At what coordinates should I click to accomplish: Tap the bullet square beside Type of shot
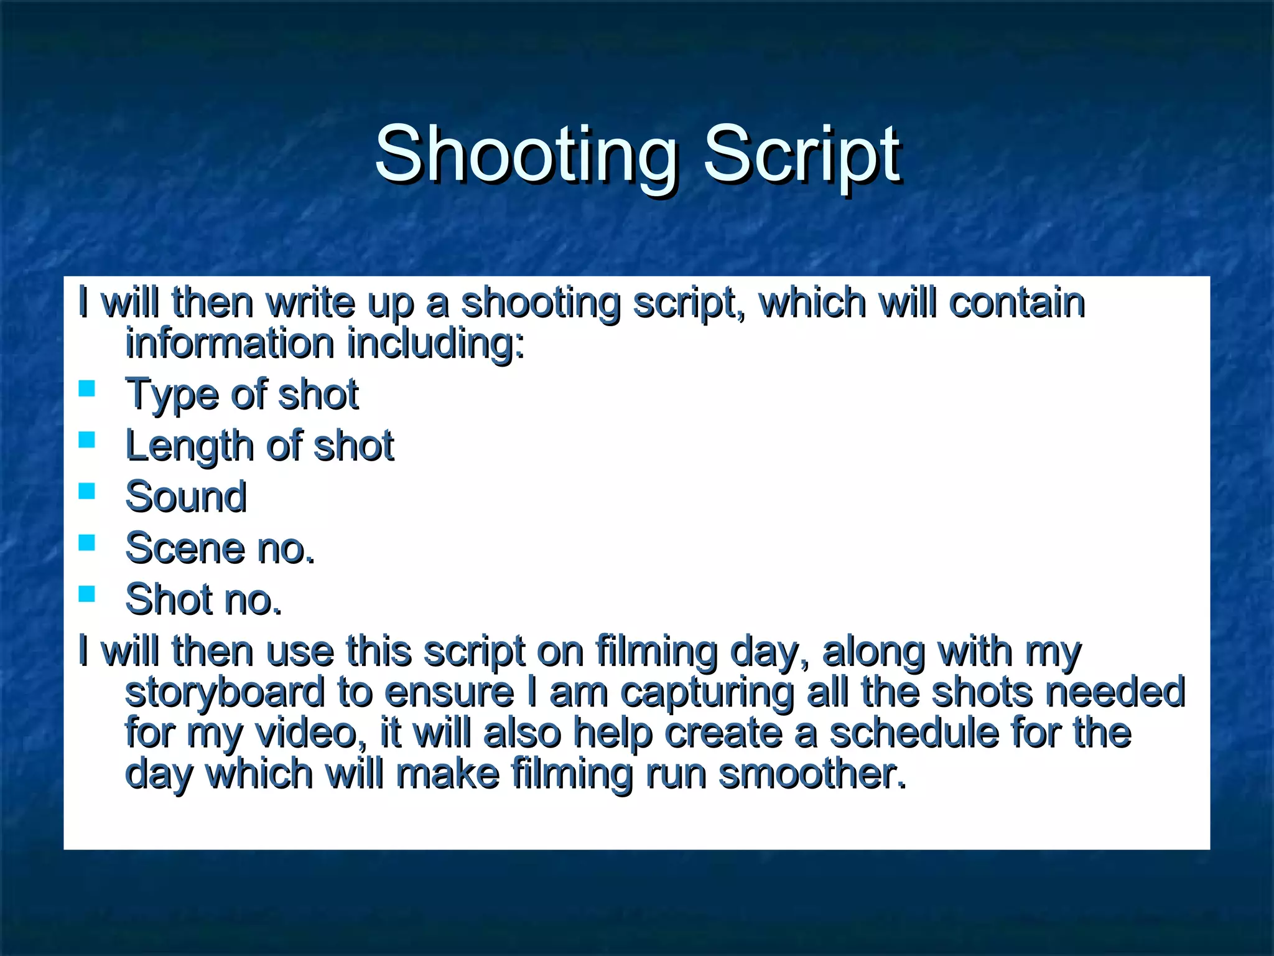click(87, 389)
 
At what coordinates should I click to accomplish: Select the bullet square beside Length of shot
click(87, 441)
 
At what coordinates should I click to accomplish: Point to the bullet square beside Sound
click(87, 492)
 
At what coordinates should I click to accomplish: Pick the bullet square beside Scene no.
click(87, 543)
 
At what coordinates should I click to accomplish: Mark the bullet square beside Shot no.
click(87, 594)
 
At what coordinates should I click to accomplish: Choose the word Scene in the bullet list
click(185, 548)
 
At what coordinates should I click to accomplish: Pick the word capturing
click(707, 692)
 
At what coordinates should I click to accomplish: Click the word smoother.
click(812, 774)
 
